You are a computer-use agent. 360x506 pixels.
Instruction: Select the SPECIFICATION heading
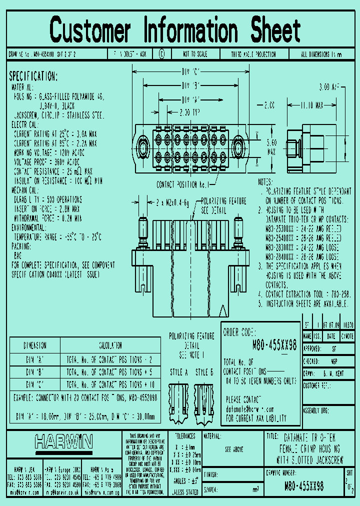point(33,76)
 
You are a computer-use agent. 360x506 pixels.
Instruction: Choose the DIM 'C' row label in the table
point(35,383)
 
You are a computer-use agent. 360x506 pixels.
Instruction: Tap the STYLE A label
point(178,372)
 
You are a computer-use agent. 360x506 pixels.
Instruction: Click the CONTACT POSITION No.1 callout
point(182,184)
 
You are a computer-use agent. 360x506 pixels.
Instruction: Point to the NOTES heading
point(265,181)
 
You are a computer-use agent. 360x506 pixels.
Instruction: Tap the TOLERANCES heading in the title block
point(181,436)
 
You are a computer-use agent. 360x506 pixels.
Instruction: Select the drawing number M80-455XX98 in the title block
point(303,485)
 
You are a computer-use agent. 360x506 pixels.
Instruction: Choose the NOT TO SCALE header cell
point(196,53)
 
